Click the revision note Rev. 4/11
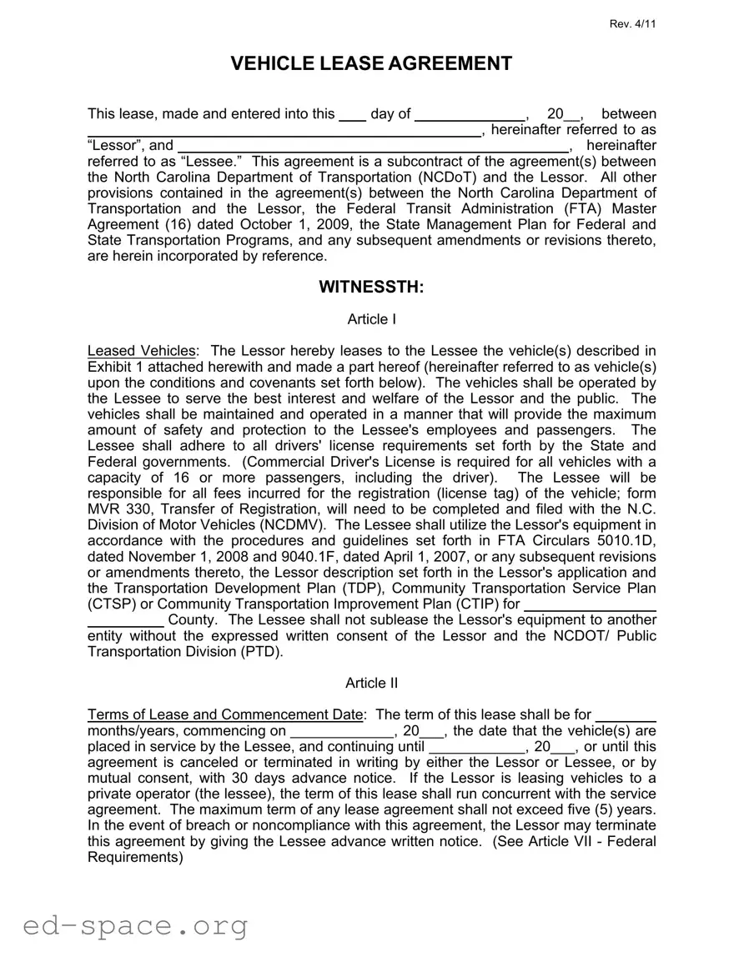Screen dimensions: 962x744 (x=633, y=23)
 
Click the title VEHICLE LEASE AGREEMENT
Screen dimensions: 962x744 (x=371, y=63)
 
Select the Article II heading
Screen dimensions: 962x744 (x=371, y=684)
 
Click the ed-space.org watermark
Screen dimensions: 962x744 (x=135, y=924)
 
